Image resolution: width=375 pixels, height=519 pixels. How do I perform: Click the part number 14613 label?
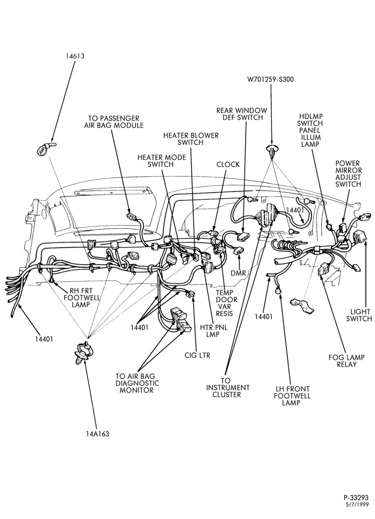[75, 56]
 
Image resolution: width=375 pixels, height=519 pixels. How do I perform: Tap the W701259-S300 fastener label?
[270, 79]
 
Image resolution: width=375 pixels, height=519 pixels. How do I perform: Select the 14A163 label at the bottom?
[96, 433]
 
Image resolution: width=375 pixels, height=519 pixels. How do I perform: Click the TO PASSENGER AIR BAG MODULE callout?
[113, 122]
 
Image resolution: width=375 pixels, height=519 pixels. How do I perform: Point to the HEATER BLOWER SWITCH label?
[191, 139]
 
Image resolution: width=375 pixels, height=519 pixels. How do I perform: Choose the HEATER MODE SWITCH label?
[162, 161]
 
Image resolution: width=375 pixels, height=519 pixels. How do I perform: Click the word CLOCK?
[228, 165]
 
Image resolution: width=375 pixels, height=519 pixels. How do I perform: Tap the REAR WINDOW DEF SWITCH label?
[241, 114]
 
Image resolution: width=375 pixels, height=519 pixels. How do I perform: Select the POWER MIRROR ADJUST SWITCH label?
[348, 174]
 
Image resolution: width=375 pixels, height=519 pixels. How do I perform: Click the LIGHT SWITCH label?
[361, 315]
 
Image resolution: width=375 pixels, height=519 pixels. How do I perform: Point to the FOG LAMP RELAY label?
[347, 361]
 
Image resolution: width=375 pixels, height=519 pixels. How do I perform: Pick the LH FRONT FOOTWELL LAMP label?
[292, 396]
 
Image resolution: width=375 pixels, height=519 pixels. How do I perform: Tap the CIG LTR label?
[197, 356]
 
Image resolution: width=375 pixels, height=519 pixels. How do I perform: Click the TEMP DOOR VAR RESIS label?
[225, 303]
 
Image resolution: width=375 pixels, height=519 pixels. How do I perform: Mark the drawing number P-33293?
[356, 498]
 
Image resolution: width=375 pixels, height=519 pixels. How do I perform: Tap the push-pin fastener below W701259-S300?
[271, 151]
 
